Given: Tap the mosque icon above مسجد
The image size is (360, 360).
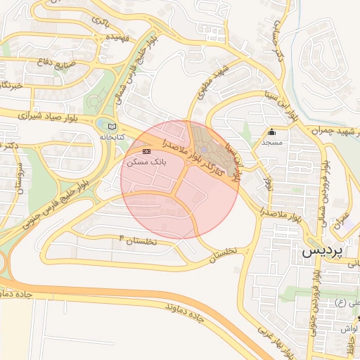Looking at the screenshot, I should tap(271, 131).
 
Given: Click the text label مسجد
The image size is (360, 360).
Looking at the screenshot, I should tap(271, 142).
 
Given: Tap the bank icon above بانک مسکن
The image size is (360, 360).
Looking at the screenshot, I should tap(146, 151).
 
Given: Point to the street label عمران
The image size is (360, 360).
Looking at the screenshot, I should tap(342, 222).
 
